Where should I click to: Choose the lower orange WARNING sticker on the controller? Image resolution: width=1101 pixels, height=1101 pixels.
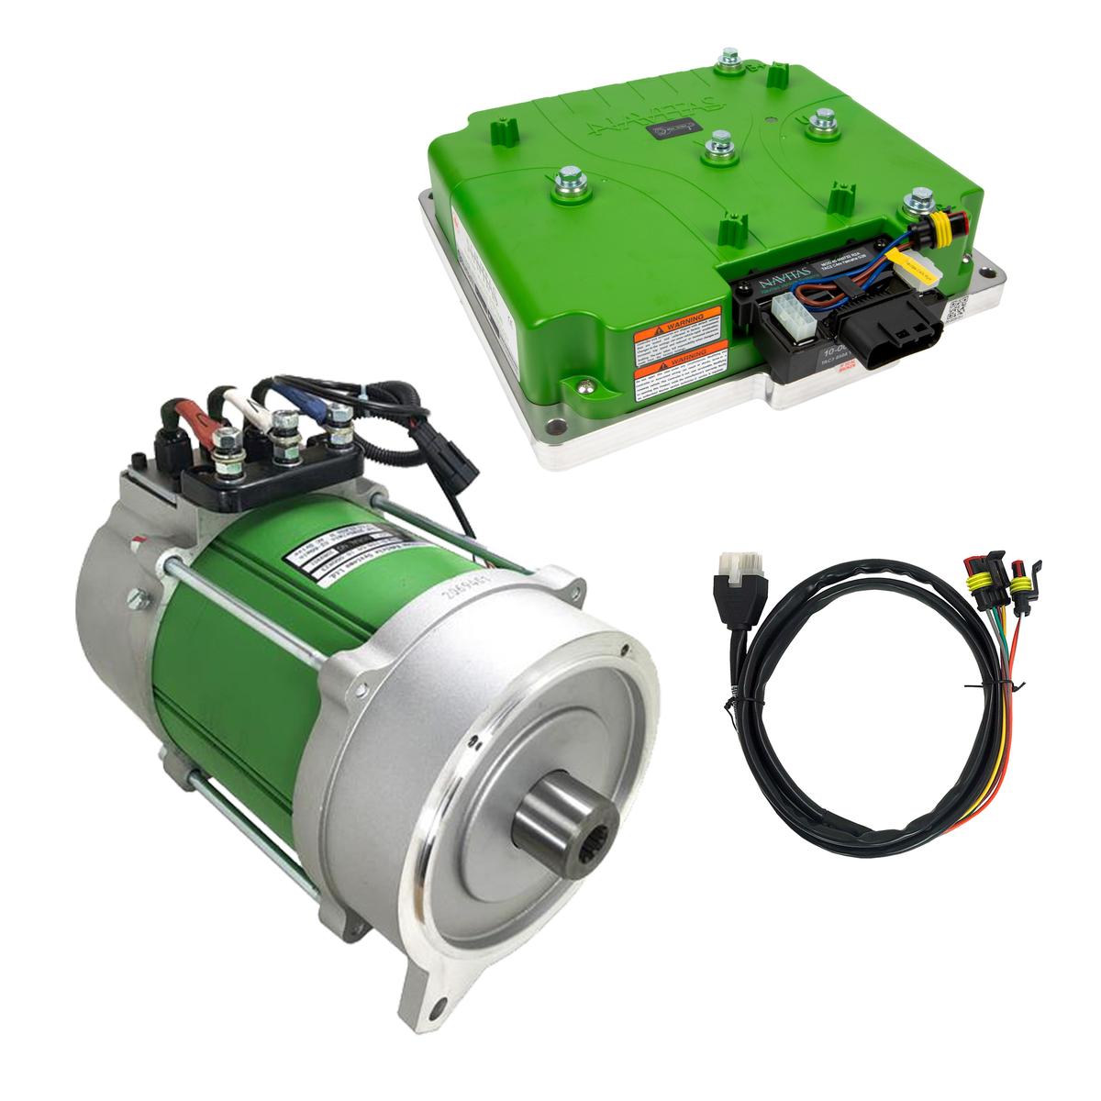[679, 373]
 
